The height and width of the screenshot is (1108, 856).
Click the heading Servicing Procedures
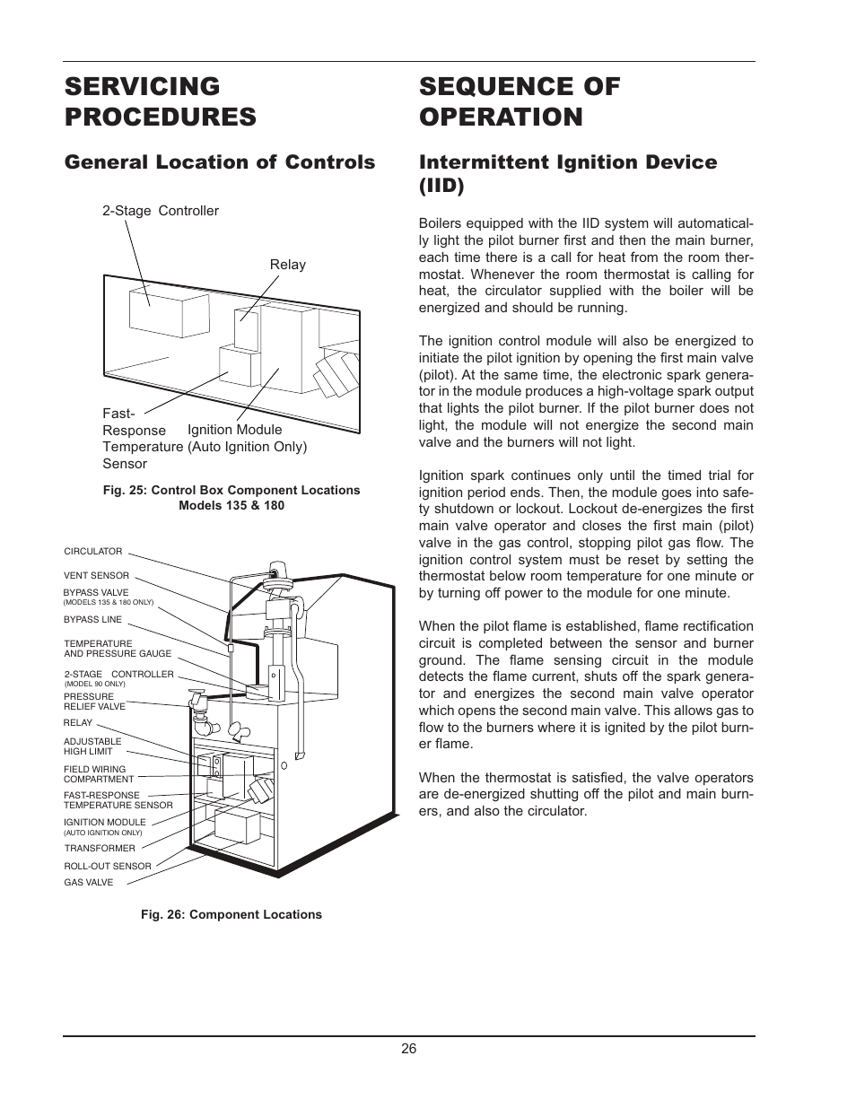pos(160,101)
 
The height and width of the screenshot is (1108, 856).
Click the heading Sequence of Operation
pos(519,101)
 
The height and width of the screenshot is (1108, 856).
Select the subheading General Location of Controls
pos(219,162)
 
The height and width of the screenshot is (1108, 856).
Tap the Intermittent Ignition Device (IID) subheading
pos(567,173)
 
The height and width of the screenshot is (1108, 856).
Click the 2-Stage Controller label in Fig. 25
pos(160,211)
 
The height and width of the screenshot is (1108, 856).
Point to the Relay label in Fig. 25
pos(287,265)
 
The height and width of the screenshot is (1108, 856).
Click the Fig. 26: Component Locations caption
pos(231,914)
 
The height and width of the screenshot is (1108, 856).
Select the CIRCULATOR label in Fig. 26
pos(93,552)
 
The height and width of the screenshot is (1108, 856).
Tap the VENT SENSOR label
pos(96,575)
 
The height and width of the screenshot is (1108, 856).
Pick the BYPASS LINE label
pos(92,619)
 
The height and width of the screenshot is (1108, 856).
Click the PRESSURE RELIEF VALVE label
pos(94,702)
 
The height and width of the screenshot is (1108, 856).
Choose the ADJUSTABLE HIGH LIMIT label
pos(92,746)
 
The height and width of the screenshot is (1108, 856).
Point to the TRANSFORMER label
pos(100,848)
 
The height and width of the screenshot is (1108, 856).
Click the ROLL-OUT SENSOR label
pos(108,866)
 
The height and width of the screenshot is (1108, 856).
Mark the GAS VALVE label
pos(89,882)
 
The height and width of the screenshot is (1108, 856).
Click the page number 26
pos(409,1049)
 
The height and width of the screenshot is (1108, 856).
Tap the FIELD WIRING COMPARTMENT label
pos(98,774)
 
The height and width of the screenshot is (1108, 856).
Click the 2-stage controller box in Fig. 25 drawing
pos(155,310)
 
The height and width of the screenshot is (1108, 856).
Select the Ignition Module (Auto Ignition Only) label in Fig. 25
pos(247,438)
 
